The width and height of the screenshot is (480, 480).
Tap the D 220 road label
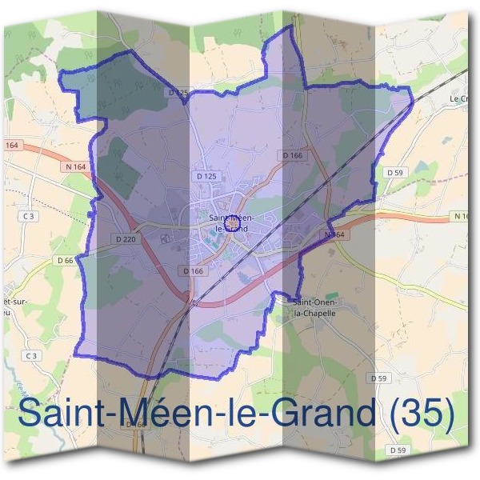tap(126, 238)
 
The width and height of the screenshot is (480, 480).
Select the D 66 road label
tap(66, 261)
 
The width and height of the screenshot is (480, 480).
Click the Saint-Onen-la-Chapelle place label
tap(316, 307)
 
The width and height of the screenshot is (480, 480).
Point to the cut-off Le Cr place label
tap(458, 98)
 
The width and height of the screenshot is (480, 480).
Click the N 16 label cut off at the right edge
tap(462, 217)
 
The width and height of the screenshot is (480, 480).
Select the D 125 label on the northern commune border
tap(179, 93)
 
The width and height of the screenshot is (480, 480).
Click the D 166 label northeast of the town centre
tap(293, 155)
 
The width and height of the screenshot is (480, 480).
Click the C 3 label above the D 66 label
tap(30, 217)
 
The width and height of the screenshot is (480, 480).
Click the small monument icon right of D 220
tap(166, 238)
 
